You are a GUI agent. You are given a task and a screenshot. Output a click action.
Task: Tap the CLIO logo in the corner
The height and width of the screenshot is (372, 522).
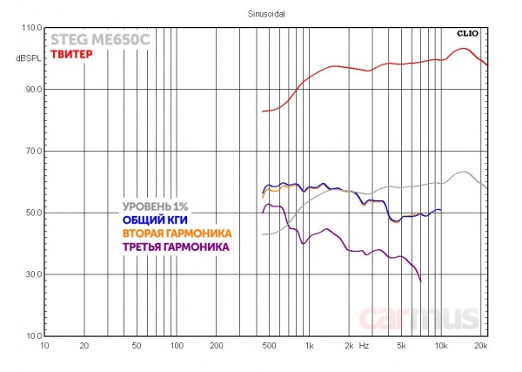[x=470, y=33]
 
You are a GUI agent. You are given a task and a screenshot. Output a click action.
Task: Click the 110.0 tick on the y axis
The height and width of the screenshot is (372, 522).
[x=31, y=28]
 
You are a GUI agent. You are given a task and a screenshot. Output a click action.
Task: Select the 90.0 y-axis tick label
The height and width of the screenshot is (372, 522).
[x=33, y=90]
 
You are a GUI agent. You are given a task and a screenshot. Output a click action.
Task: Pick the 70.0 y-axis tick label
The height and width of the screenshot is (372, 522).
[x=33, y=152]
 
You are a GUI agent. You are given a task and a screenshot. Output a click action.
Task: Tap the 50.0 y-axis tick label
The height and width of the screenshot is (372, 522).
[x=33, y=213]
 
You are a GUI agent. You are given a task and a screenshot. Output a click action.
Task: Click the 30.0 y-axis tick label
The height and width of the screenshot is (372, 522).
[x=33, y=274]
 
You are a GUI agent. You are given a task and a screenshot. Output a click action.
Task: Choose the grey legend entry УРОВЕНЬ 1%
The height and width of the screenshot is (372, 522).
[x=154, y=206]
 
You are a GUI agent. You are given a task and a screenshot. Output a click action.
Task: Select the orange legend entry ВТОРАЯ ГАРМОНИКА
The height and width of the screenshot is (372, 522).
[x=177, y=233]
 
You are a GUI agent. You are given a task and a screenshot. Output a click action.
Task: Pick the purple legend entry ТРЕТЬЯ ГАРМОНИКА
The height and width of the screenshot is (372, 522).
[x=177, y=247]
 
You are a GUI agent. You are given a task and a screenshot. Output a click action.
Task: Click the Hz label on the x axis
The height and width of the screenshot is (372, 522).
[x=365, y=346]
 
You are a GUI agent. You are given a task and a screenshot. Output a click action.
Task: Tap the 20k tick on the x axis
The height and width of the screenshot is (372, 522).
[x=480, y=346]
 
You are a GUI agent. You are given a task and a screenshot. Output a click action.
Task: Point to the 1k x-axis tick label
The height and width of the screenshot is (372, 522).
[x=308, y=346]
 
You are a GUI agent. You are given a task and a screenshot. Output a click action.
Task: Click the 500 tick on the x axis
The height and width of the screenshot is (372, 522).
[x=268, y=346]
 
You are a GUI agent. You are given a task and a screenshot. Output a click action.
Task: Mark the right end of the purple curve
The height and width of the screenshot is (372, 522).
[x=421, y=281]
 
